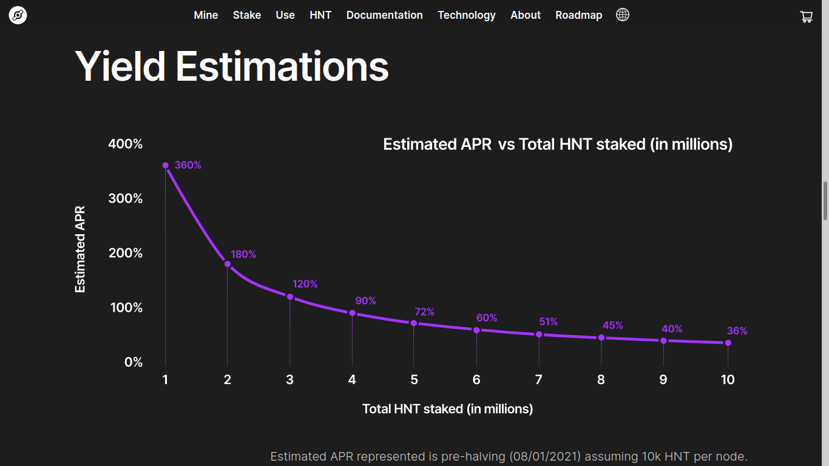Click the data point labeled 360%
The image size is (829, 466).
pos(165,165)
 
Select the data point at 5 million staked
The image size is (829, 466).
pos(414,323)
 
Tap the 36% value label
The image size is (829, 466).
pos(737,331)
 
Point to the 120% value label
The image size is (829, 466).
pos(305,284)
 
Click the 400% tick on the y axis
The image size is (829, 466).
pos(126,144)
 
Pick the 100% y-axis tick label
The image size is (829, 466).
pos(126,308)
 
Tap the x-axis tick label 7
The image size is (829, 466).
pos(538,380)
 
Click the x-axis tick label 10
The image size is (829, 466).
pos(728,380)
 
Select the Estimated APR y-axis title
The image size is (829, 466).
pos(80,249)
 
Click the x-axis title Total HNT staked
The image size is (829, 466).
pos(447,409)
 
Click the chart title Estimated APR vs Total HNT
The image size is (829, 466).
pos(558,144)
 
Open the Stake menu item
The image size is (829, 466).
pos(247,15)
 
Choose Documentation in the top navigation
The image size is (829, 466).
pos(384,15)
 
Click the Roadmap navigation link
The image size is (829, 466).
pos(578,15)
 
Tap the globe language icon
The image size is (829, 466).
pos(623,15)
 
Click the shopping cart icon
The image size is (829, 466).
pos(807,17)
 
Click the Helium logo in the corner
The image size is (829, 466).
pos(18,16)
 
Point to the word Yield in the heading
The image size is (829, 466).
pos(121,66)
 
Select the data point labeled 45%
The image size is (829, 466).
pos(601,337)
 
